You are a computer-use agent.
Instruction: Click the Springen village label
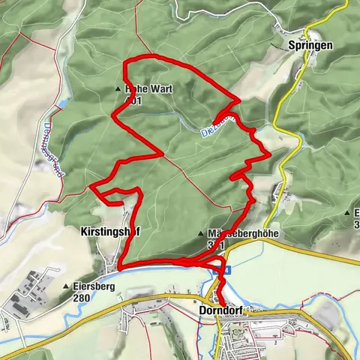point(310,45)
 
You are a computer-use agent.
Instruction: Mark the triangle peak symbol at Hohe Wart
point(118,88)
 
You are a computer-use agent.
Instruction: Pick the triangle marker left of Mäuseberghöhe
point(202,233)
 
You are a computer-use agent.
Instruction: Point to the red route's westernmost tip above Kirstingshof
point(89,185)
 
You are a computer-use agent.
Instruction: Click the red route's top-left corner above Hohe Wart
point(126,61)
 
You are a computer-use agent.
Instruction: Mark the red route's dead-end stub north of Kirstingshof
point(121,202)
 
